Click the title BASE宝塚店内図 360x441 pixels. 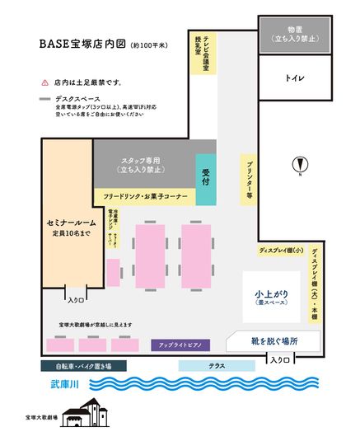pyautogui.click(x=83, y=44)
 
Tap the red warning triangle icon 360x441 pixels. pyautogui.click(x=44, y=83)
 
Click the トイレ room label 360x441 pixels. pyautogui.click(x=295, y=79)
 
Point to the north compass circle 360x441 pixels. pyautogui.click(x=300, y=162)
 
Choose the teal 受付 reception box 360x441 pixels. pyautogui.click(x=206, y=179)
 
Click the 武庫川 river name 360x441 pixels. pyautogui.click(x=63, y=383)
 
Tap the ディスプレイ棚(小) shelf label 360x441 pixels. pyautogui.click(x=282, y=249)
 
